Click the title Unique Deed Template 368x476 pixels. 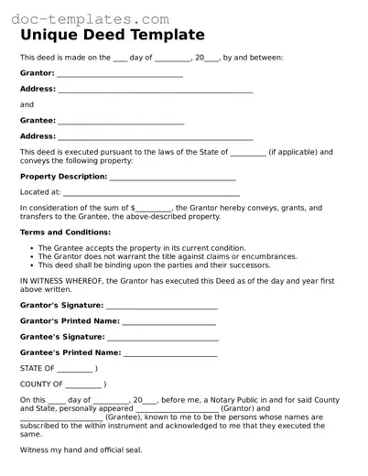pyautogui.click(x=113, y=35)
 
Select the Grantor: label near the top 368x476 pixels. pyautogui.click(x=38, y=72)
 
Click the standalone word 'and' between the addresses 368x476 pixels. pyautogui.click(x=27, y=104)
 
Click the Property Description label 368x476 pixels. pyautogui.click(x=64, y=177)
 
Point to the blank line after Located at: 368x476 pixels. pyautogui.click(x=151, y=193)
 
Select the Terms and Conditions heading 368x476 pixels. pyautogui.click(x=65, y=233)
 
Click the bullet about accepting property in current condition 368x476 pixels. pyautogui.click(x=142, y=248)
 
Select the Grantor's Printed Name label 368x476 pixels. pyautogui.click(x=70, y=321)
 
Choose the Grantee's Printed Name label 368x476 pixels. pyautogui.click(x=70, y=352)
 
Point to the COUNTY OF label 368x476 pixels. pyautogui.click(x=41, y=384)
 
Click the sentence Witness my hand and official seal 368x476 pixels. pyautogui.click(x=81, y=450)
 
